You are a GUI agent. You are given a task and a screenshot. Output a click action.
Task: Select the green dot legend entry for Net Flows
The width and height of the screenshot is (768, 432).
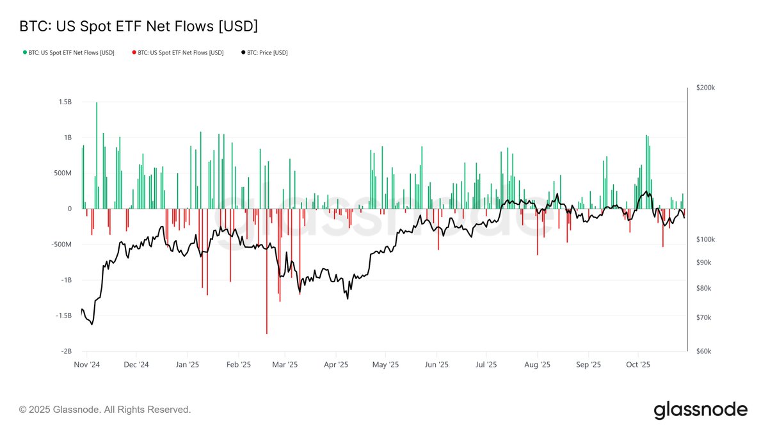[68, 52]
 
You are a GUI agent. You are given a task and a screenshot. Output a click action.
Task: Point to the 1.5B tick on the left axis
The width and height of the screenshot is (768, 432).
[64, 102]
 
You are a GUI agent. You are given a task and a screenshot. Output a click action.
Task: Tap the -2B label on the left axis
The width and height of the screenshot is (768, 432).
[65, 351]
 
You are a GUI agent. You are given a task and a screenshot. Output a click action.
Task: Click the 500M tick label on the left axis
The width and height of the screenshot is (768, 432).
[61, 173]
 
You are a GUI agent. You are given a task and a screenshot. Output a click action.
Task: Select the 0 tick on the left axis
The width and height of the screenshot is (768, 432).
[70, 209]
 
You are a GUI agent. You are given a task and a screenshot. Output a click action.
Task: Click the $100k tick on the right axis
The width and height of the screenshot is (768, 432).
[705, 239]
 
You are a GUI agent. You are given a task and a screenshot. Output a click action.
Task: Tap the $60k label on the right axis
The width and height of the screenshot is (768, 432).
[704, 351]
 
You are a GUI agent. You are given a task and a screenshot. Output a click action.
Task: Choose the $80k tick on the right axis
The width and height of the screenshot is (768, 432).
[704, 288]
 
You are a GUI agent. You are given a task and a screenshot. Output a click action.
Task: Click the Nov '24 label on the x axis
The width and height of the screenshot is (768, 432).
[86, 365]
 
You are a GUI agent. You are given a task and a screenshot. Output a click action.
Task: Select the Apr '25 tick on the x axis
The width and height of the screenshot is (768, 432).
[336, 365]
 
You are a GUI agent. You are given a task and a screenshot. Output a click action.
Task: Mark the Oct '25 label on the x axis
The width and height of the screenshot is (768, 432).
[637, 365]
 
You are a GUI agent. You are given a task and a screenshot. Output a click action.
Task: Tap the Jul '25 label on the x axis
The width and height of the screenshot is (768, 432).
[486, 365]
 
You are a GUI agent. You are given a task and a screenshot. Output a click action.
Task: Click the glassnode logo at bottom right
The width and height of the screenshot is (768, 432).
[700, 410]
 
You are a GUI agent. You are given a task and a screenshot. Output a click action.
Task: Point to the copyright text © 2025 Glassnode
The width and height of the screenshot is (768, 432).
[105, 410]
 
